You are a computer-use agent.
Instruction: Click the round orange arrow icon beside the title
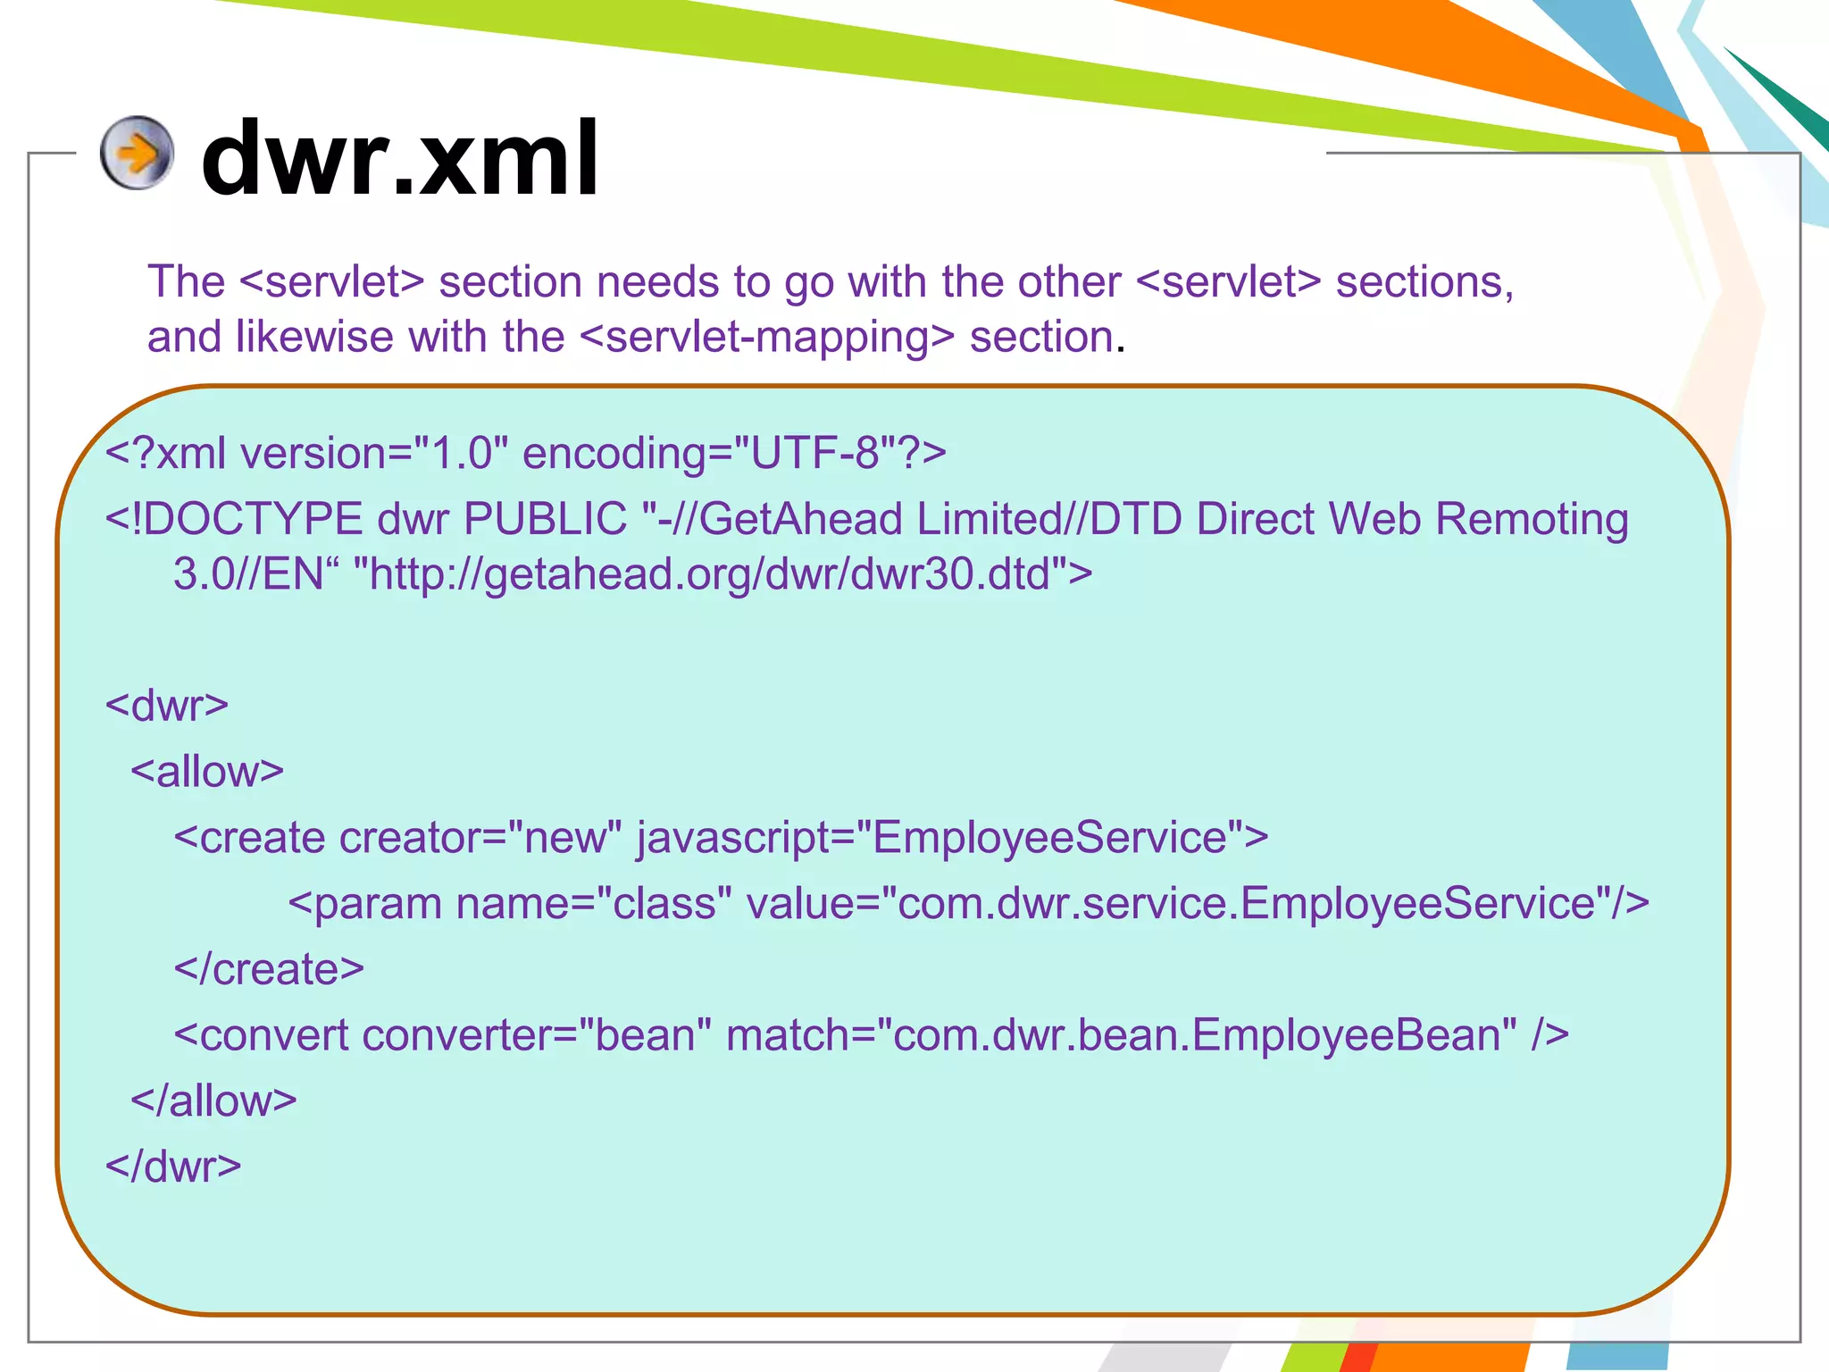[x=136, y=153]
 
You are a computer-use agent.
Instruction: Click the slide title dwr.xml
[x=399, y=160]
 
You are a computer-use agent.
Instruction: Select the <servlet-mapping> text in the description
[x=767, y=338]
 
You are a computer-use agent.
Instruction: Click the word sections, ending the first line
[x=1424, y=282]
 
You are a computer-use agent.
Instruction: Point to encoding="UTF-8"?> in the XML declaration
[x=733, y=453]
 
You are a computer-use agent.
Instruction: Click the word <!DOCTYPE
[x=234, y=519]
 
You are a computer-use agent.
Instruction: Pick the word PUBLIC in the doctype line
[x=546, y=519]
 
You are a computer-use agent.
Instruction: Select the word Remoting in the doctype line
[x=1532, y=519]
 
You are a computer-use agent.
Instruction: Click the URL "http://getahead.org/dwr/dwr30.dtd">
[x=722, y=573]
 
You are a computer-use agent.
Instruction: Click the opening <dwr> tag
[x=167, y=706]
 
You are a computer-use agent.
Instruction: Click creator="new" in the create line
[x=480, y=838]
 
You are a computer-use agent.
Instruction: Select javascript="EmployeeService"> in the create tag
[x=952, y=838]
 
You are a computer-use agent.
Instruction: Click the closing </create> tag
[x=269, y=969]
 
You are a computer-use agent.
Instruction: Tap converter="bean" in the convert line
[x=536, y=1035]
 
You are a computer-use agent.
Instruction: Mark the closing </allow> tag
[x=213, y=1101]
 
